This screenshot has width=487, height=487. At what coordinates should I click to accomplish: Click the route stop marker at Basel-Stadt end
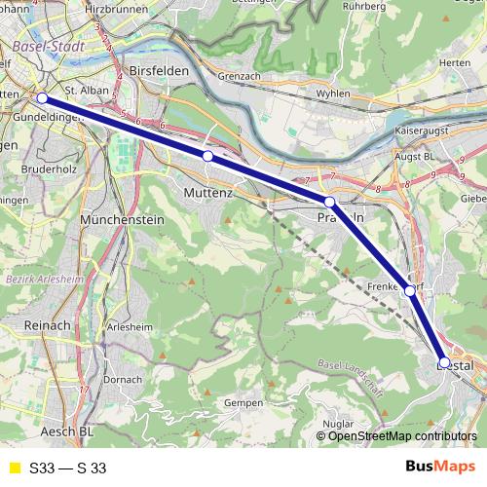[x=42, y=98]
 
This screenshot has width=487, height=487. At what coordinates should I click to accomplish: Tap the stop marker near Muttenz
[x=207, y=156]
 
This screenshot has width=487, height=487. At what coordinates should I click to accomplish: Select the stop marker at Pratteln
[x=330, y=202]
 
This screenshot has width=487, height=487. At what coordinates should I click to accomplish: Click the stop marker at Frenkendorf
[x=410, y=290]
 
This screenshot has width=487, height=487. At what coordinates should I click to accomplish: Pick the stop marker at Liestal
[x=444, y=362]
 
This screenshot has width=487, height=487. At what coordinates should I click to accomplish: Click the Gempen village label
[x=243, y=401]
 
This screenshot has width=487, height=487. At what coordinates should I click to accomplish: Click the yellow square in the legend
[x=13, y=468]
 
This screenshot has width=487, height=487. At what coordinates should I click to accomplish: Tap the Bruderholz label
[x=42, y=168]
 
